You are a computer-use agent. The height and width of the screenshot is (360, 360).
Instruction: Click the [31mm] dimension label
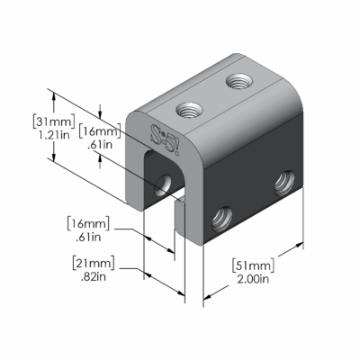tap(53, 121)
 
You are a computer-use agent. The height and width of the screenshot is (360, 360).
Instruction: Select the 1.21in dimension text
tap(54, 135)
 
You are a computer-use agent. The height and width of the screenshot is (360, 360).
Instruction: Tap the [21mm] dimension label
tap(94, 263)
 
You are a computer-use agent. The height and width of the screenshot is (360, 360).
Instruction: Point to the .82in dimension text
tap(93, 277)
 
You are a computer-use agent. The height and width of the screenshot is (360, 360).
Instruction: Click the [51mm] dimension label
tap(254, 265)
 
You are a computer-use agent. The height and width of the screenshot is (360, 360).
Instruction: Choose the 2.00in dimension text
tap(253, 279)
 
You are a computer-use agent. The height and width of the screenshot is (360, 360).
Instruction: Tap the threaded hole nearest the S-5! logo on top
tap(189, 110)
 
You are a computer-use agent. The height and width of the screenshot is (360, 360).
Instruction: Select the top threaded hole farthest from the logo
tap(239, 81)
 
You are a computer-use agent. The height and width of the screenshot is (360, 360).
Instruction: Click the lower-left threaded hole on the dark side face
tap(222, 220)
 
